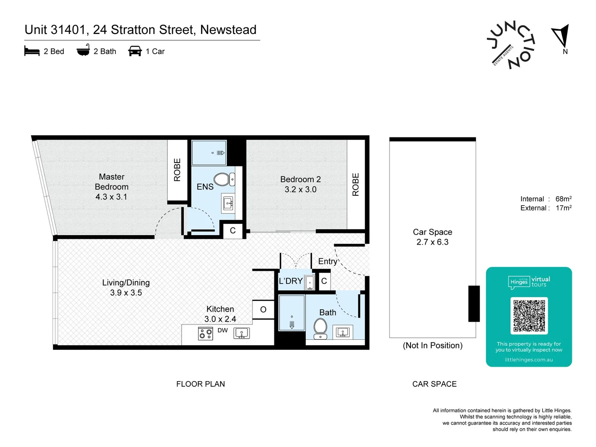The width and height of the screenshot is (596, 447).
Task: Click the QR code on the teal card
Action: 529,316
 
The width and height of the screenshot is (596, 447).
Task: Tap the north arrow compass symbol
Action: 562,36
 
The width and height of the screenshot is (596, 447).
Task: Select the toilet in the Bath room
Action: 320,328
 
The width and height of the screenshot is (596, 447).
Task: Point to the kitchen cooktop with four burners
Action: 205,333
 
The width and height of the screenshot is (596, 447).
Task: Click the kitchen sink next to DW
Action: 242,333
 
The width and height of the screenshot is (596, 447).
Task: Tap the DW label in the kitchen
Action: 223,330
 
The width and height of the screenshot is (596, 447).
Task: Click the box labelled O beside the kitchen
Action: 263,310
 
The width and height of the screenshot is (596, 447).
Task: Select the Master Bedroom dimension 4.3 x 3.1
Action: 111,197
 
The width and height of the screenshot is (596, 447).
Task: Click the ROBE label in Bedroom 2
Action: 356,185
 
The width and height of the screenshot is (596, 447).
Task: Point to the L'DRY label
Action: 291,281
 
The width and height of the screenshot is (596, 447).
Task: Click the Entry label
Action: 327,262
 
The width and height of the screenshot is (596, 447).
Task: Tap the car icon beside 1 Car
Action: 135,51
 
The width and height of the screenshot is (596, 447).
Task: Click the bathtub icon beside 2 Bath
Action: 83,50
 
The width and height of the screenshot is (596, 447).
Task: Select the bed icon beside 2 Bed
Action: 32,51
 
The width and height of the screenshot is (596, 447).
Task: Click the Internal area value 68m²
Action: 563,199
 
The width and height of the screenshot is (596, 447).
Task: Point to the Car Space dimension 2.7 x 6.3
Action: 433,242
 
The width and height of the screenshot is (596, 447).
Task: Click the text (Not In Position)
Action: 433,346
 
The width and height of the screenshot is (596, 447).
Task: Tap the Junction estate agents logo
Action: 511,45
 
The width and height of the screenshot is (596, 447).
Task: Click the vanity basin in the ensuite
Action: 228,203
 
